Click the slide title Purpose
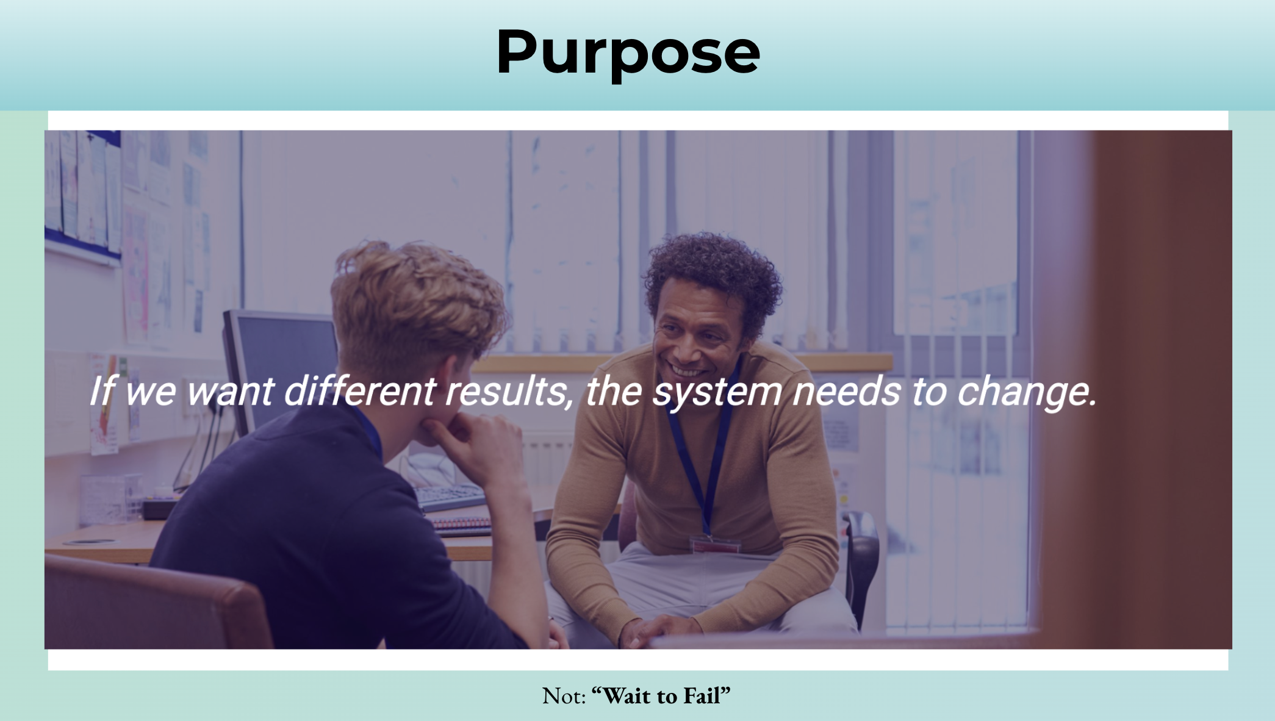click(x=628, y=53)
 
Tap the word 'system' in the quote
click(x=717, y=393)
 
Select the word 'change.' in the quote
click(x=1027, y=393)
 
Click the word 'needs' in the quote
click(x=847, y=392)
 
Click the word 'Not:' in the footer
click(x=564, y=696)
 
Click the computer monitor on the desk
click(x=278, y=366)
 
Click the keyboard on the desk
click(x=448, y=498)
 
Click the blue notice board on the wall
click(x=82, y=195)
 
